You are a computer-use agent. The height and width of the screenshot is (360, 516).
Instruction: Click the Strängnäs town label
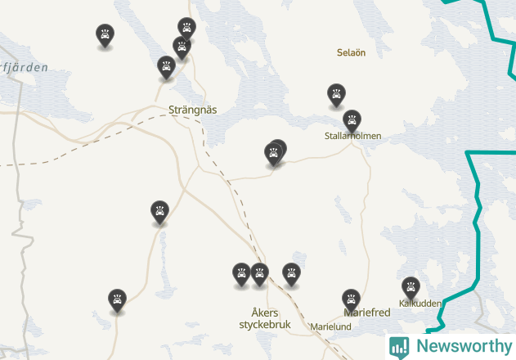click(192, 110)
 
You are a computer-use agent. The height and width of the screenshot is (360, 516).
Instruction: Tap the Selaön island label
click(351, 52)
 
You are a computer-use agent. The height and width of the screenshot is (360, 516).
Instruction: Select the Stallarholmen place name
click(352, 136)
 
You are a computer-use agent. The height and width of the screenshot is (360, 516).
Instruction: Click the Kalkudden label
click(420, 304)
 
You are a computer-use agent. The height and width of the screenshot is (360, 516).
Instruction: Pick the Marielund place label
click(330, 326)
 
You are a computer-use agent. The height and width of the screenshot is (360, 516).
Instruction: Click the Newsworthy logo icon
click(399, 346)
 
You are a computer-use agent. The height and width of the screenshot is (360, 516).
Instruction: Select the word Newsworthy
click(461, 346)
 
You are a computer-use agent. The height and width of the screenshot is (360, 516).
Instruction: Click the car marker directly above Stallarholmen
click(352, 120)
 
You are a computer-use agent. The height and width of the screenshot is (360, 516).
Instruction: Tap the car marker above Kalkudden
click(411, 286)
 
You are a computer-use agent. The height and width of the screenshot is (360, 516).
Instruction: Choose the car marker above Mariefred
click(351, 299)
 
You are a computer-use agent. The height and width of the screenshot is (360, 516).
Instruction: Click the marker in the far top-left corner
click(105, 34)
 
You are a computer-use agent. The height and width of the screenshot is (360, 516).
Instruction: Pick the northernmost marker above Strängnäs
click(186, 28)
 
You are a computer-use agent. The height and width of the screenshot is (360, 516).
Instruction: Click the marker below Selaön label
click(336, 93)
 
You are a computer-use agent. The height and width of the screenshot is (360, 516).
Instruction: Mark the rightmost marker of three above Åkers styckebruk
click(291, 272)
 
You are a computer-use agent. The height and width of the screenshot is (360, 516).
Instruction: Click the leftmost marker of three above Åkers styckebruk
click(241, 272)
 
